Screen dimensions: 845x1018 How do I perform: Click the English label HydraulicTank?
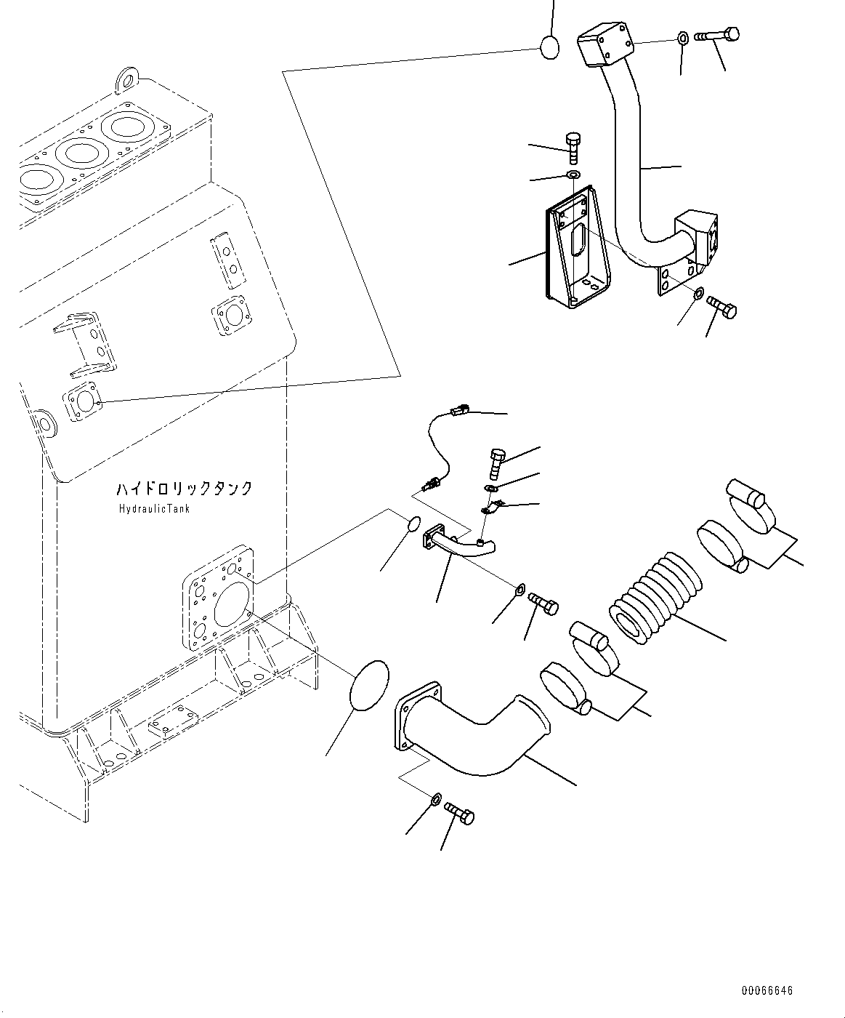[x=154, y=508]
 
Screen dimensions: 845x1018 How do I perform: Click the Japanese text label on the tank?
[x=185, y=488]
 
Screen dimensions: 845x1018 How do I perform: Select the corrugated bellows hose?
[x=655, y=597]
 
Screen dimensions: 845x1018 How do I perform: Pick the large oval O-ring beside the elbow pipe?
[x=369, y=686]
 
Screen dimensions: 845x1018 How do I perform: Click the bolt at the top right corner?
[x=716, y=35]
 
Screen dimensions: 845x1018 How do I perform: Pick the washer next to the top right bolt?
[x=683, y=38]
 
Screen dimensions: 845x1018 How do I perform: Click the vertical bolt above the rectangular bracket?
[x=573, y=148]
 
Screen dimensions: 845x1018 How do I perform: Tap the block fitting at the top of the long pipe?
[x=605, y=44]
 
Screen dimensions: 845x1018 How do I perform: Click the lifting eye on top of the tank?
[x=127, y=80]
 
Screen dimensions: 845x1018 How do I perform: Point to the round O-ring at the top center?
[x=550, y=48]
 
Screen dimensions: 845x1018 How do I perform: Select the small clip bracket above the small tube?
[x=493, y=508]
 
